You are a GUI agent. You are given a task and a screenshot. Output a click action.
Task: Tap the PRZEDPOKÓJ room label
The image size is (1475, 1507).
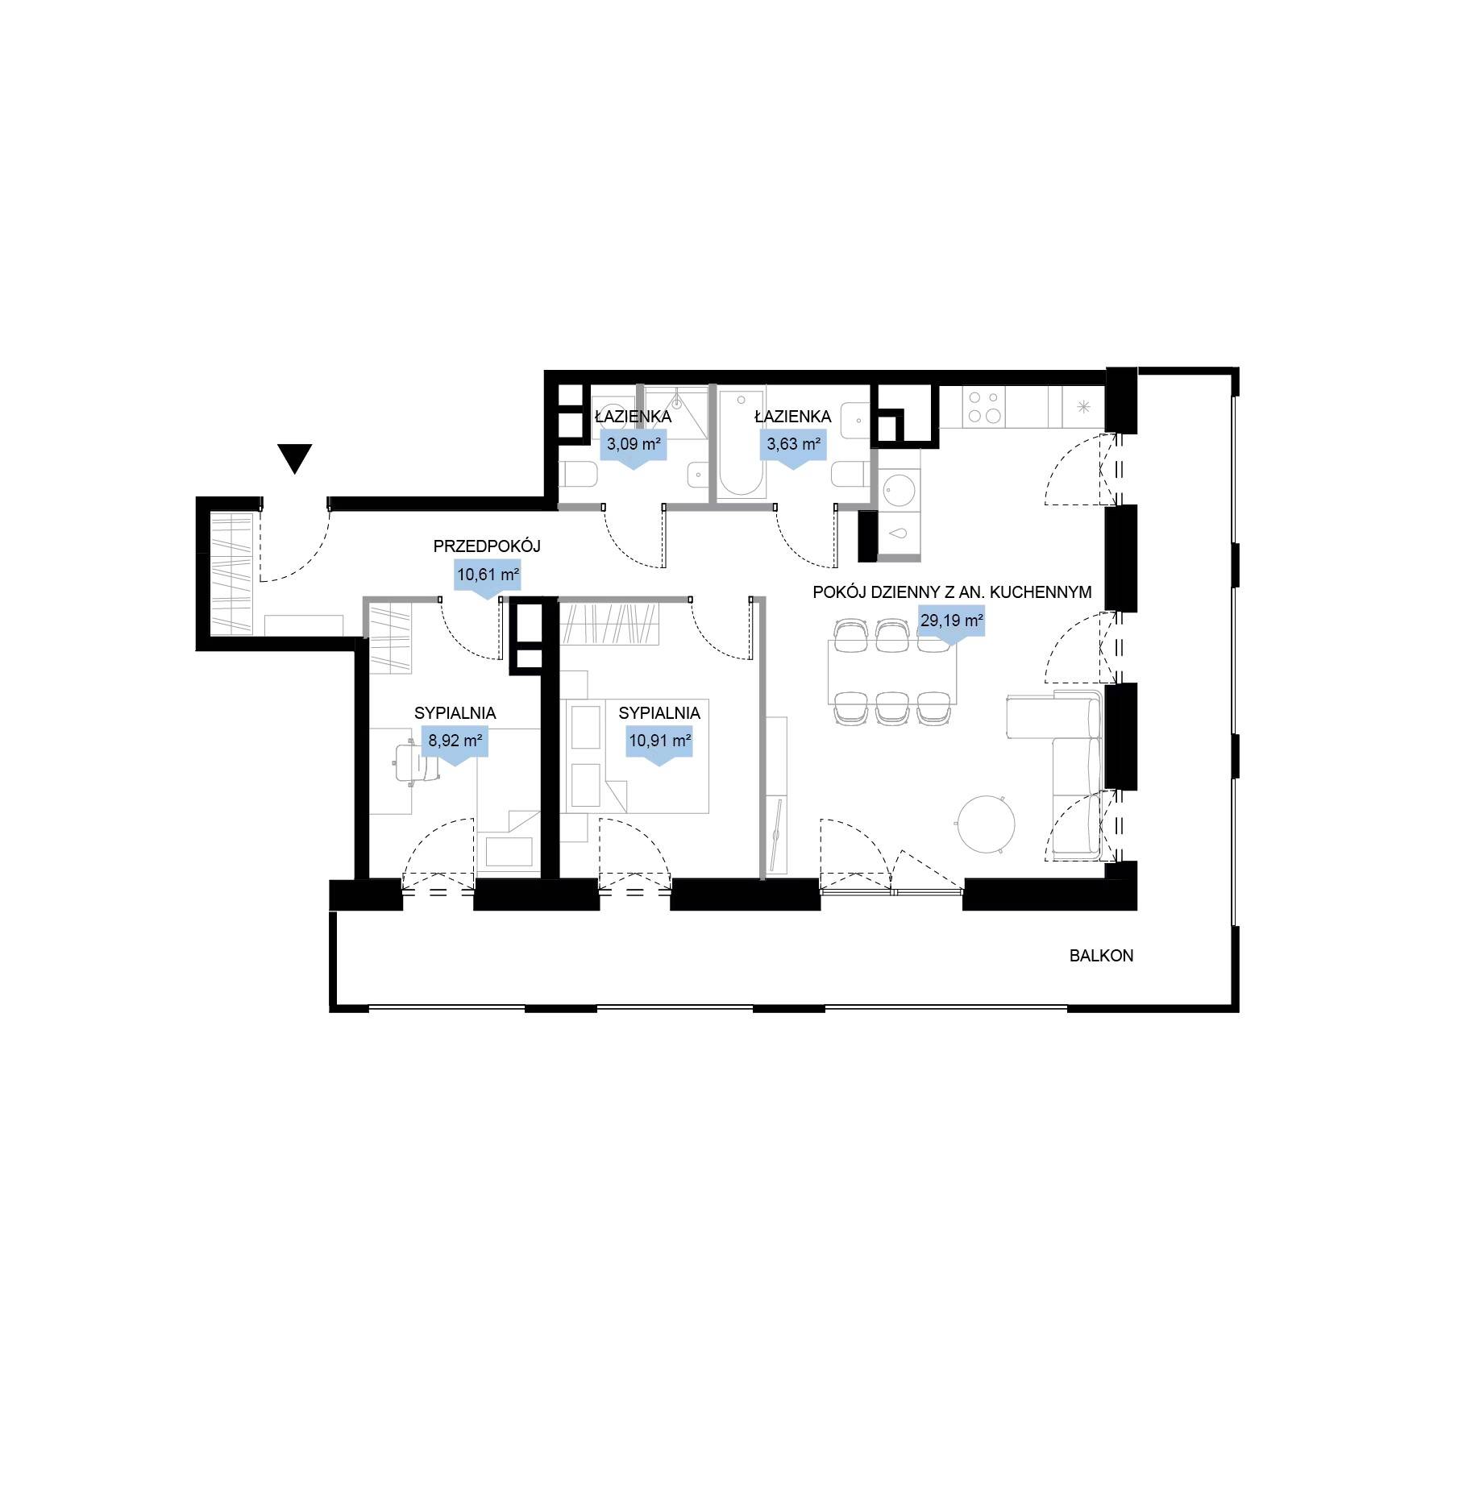[x=487, y=546]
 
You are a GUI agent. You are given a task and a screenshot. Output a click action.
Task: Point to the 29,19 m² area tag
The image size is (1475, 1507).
[x=951, y=624]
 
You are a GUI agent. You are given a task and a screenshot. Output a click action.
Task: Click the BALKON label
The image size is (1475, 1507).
[x=1102, y=957]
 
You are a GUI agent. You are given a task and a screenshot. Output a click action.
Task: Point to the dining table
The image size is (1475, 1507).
[x=892, y=671]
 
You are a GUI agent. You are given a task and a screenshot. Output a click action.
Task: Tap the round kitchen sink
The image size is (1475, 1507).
[x=899, y=489]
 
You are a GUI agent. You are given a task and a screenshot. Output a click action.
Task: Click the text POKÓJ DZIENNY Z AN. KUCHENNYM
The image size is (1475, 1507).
[x=952, y=592]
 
